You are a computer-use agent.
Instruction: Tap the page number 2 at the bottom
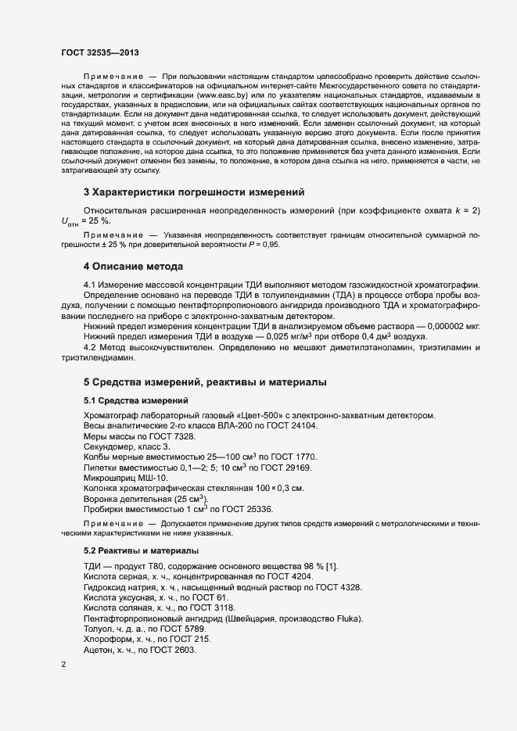pos(63,665)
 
